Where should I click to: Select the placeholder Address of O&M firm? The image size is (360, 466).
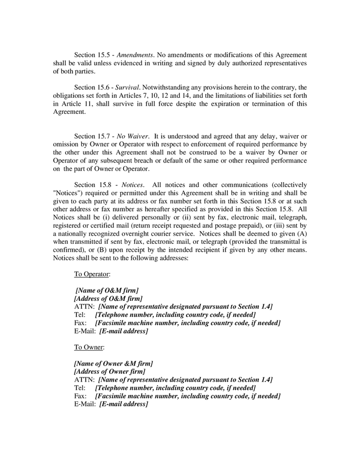[x=108, y=299]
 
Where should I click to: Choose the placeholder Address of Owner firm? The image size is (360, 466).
[x=110, y=372]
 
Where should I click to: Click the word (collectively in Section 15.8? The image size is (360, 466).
[x=286, y=185]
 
